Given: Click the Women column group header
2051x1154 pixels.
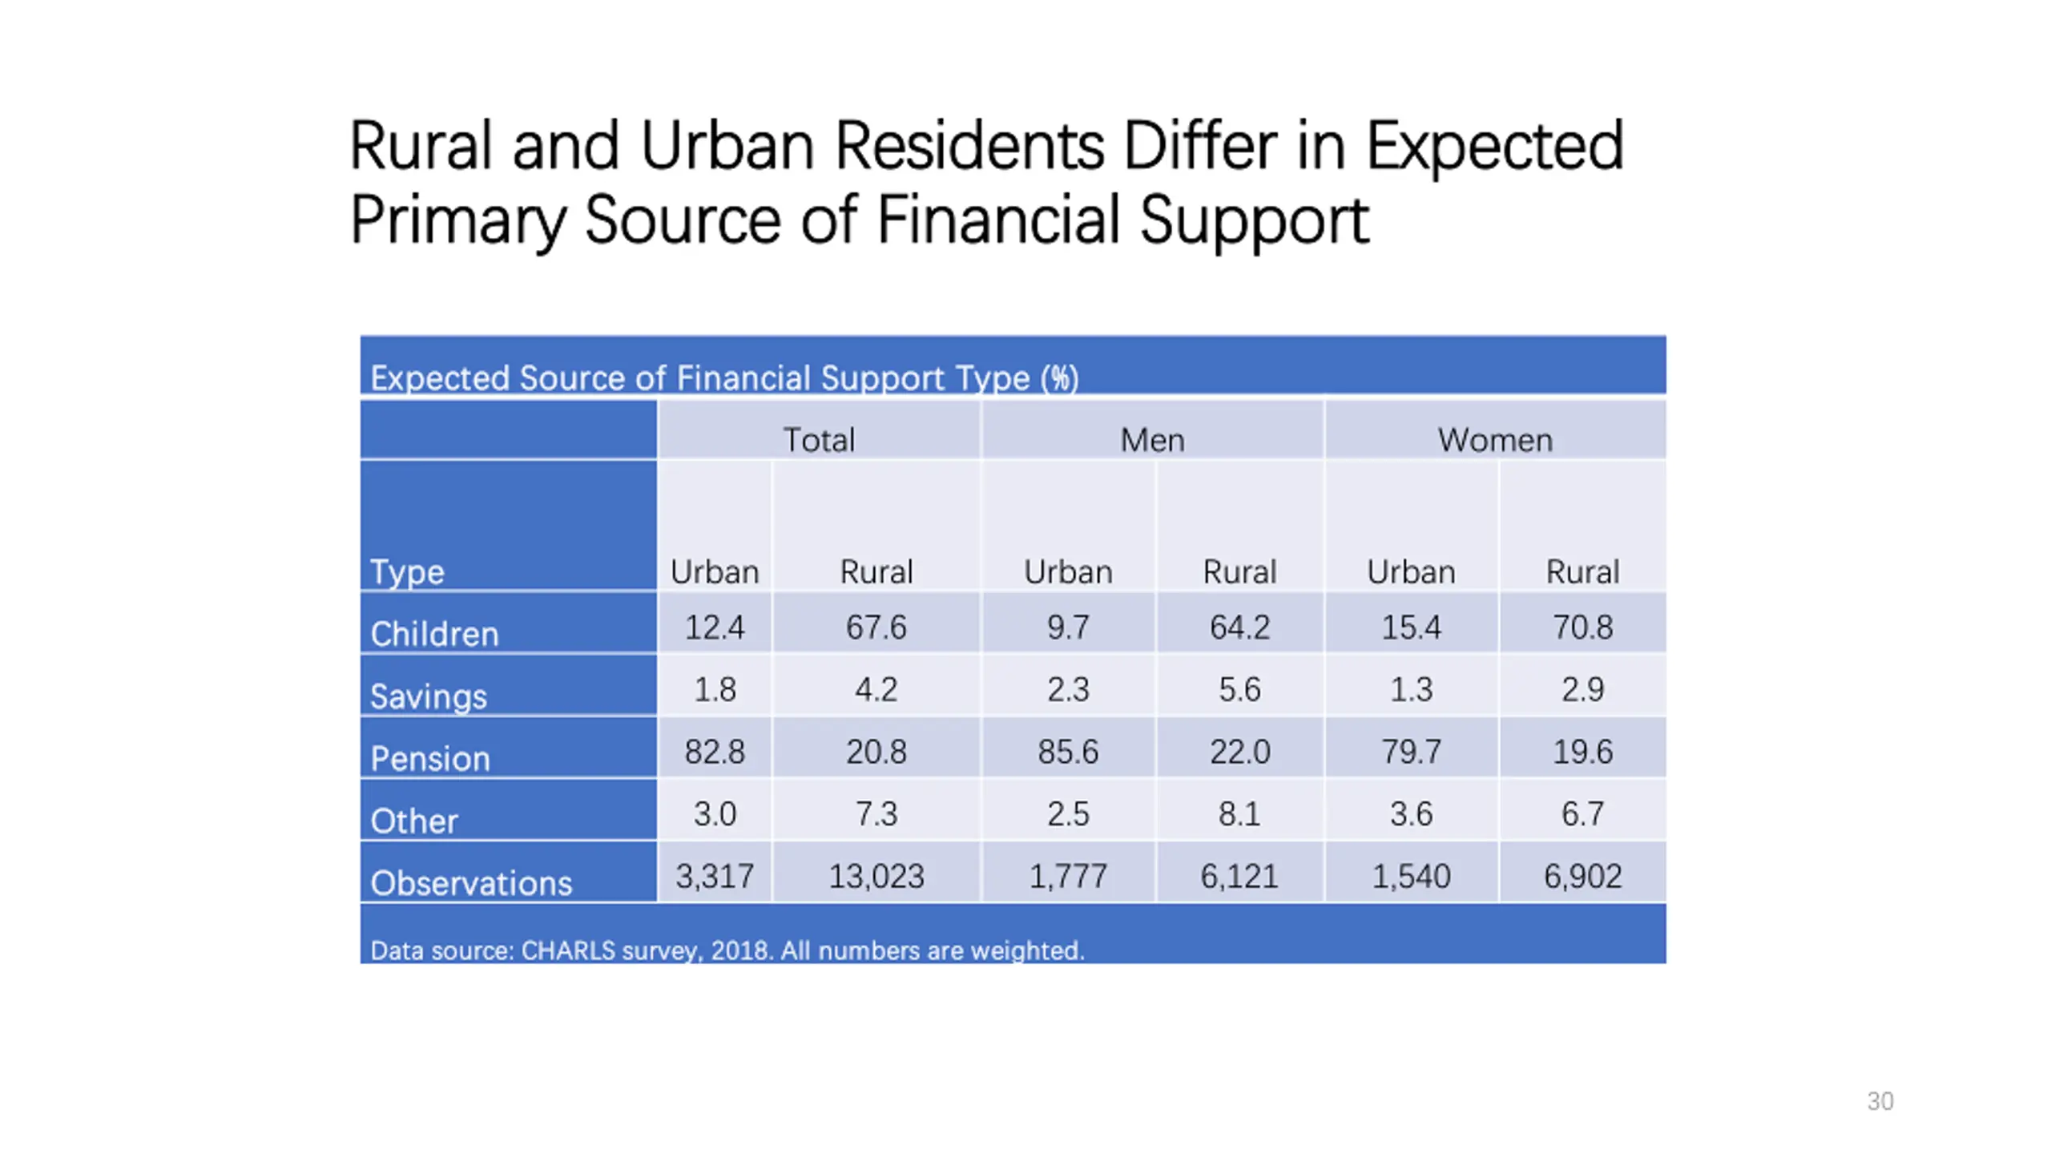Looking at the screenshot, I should tap(1494, 440).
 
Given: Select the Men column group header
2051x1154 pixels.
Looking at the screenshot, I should tap(1151, 440).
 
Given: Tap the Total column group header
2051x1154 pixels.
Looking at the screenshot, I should tap(818, 440).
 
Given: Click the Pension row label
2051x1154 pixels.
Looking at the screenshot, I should tap(429, 758).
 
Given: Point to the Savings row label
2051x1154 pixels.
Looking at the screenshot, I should tap(428, 696).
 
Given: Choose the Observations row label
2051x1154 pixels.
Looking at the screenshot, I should tap(471, 883).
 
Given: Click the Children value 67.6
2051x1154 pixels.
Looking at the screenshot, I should tap(876, 627).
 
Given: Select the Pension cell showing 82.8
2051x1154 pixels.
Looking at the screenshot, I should tap(714, 752).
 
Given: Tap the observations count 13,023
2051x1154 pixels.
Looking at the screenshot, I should tap(876, 876).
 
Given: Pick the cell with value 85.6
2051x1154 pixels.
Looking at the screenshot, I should tap(1068, 752).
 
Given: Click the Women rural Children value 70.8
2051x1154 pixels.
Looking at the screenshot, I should tap(1582, 627).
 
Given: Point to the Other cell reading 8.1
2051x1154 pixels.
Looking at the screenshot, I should tap(1239, 814).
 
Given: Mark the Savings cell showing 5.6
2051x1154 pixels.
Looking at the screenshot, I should tap(1239, 689).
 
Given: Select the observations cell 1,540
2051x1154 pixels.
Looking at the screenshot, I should tap(1411, 876).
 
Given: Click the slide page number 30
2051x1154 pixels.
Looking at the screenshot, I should tap(1880, 1101).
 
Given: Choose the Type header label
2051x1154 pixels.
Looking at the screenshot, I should tap(406, 572).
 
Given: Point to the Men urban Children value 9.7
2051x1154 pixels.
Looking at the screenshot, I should tap(1068, 627).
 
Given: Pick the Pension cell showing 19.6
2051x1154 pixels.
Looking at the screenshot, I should tap(1582, 752).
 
